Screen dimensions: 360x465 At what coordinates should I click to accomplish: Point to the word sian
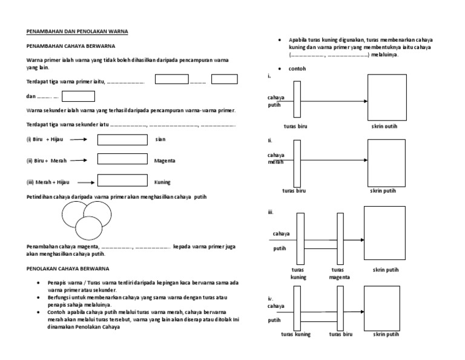tap(160, 140)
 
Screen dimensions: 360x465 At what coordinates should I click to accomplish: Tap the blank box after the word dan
tap(78, 96)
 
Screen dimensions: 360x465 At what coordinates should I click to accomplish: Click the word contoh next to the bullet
tap(297, 69)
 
